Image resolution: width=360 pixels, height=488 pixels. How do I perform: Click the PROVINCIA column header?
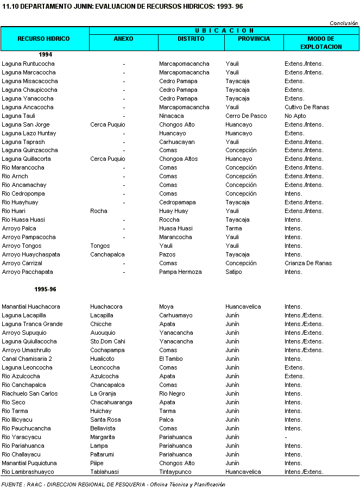tap(254, 39)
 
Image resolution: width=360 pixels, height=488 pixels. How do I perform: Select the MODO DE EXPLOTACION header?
tap(320, 42)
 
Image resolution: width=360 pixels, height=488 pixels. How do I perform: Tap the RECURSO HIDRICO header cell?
tap(44, 39)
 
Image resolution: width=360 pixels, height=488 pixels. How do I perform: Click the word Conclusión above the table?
tap(344, 23)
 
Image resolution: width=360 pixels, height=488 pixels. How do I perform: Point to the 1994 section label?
tap(45, 55)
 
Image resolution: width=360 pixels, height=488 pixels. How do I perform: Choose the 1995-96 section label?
tap(45, 290)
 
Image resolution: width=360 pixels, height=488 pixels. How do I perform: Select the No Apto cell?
tap(295, 116)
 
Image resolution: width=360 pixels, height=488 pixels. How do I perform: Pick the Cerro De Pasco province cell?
tap(246, 116)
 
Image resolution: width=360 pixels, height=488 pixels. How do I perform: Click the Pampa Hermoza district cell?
tap(180, 272)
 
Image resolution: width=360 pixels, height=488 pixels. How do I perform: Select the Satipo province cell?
tap(233, 272)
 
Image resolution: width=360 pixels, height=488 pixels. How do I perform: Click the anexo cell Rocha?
tap(99, 211)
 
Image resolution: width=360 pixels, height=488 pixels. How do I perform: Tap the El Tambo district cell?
tap(172, 359)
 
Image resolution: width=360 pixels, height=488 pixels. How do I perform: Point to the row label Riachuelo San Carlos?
tap(30, 394)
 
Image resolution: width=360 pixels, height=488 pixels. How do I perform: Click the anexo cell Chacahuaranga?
tap(111, 403)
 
